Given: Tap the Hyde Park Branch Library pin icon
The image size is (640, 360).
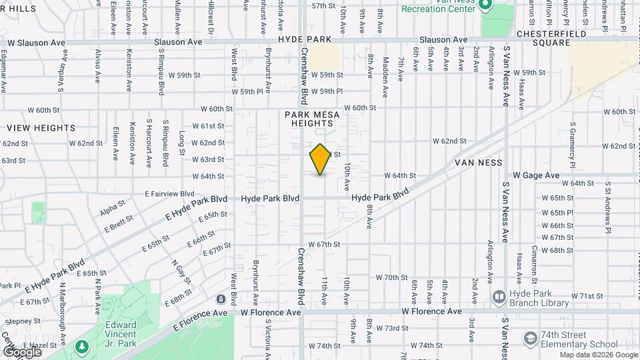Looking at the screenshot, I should (498, 296).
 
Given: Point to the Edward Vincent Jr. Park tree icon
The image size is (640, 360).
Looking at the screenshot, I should (82, 346).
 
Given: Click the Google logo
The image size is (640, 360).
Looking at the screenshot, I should (22, 351).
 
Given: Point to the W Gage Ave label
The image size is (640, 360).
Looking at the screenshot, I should (536, 175).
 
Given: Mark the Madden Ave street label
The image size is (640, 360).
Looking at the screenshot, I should (385, 69).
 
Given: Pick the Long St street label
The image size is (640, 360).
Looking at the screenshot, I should (182, 143).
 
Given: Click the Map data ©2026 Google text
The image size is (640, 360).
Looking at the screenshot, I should (598, 355).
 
